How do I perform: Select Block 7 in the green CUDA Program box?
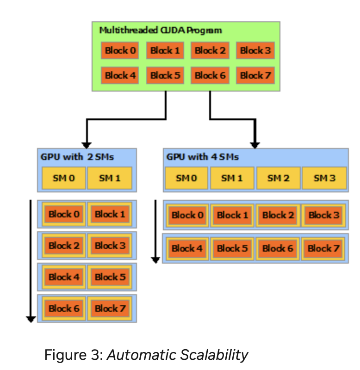255,75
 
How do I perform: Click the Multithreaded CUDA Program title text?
161,31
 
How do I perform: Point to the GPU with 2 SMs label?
77,157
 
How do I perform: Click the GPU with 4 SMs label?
202,157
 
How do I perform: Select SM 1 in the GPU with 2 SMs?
110,178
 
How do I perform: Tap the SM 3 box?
324,178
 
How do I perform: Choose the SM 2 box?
278,178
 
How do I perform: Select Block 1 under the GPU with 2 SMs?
110,214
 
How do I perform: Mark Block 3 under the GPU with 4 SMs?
324,215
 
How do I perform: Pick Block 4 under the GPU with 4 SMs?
187,248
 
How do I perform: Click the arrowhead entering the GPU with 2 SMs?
86,145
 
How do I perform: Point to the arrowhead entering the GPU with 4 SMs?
254,145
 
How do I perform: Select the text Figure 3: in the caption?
74,355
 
